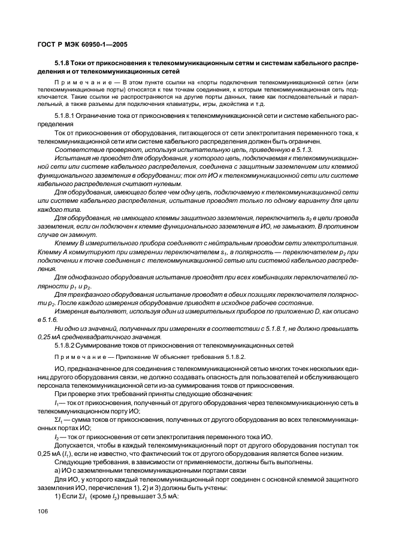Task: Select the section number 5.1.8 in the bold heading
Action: click(63, 62)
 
